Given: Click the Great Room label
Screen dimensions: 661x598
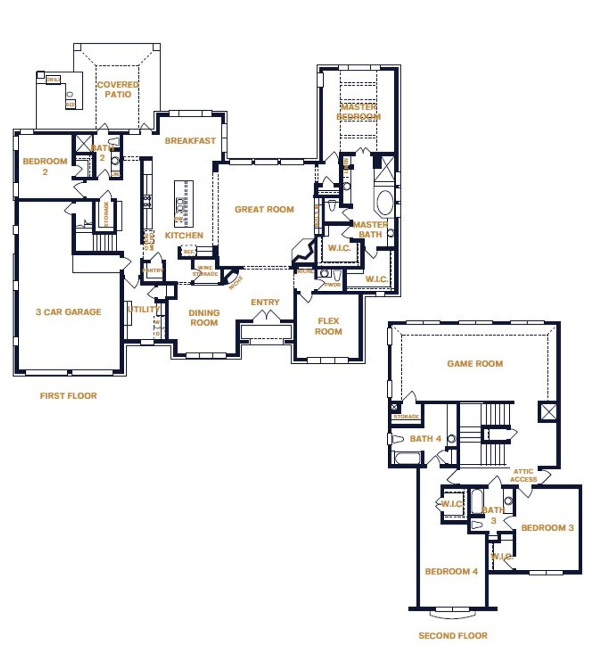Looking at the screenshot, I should [x=264, y=209].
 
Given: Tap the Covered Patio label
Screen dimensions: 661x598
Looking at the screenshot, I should [x=118, y=89].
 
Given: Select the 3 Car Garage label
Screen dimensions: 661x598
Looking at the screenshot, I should [x=68, y=312].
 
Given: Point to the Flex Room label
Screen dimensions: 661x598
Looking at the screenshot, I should [x=328, y=326].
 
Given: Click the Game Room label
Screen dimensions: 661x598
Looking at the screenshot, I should [x=475, y=364].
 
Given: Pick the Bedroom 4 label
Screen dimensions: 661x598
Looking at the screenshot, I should [x=451, y=571].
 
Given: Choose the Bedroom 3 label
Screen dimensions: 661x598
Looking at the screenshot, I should [x=547, y=528].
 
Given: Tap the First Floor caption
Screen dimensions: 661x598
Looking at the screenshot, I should [x=68, y=396].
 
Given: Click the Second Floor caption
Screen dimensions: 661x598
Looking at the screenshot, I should [x=453, y=636].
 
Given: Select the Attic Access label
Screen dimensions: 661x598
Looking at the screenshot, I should [x=523, y=475].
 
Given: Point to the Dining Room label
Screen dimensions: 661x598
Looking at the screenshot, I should [x=204, y=317].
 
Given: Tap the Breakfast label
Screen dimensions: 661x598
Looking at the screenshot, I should [x=190, y=140].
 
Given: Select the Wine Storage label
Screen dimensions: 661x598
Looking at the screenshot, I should [x=205, y=271].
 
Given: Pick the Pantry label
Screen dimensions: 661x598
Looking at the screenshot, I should [x=153, y=271].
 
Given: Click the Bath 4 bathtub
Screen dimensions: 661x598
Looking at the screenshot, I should [x=407, y=458].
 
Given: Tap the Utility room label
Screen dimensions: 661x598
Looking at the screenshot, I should [x=143, y=309].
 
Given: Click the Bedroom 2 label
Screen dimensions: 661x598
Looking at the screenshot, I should [x=45, y=166].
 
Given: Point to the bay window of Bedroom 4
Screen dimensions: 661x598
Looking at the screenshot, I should [x=453, y=612].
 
